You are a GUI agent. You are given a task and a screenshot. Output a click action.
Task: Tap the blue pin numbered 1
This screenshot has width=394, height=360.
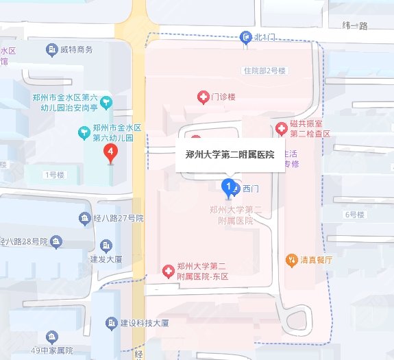tap(227, 184)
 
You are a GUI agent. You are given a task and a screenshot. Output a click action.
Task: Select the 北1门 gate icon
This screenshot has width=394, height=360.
tap(246, 38)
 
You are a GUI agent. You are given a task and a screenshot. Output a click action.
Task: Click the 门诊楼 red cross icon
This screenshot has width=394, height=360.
tap(203, 98)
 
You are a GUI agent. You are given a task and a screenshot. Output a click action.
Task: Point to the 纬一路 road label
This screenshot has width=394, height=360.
tap(354, 25)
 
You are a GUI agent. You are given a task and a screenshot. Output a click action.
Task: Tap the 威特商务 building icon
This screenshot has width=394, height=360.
tap(51, 49)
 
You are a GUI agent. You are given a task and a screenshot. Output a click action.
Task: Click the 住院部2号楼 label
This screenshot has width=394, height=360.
tap(263, 71)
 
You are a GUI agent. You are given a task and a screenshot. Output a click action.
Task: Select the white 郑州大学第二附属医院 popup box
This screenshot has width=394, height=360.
tap(230, 154)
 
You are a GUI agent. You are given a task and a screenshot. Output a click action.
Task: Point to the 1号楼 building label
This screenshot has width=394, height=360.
tap(53, 175)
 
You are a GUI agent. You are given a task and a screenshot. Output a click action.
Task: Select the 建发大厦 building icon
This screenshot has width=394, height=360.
tap(106, 245)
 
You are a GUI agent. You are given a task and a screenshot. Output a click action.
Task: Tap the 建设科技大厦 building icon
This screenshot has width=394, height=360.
tap(111, 322)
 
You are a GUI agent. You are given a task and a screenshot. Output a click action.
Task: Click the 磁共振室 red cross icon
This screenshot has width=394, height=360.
tap(281, 128)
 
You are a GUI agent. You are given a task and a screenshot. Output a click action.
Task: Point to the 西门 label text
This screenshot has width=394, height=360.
tap(251, 188)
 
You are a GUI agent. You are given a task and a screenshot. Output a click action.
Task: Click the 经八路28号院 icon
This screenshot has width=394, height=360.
tap(56, 241)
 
